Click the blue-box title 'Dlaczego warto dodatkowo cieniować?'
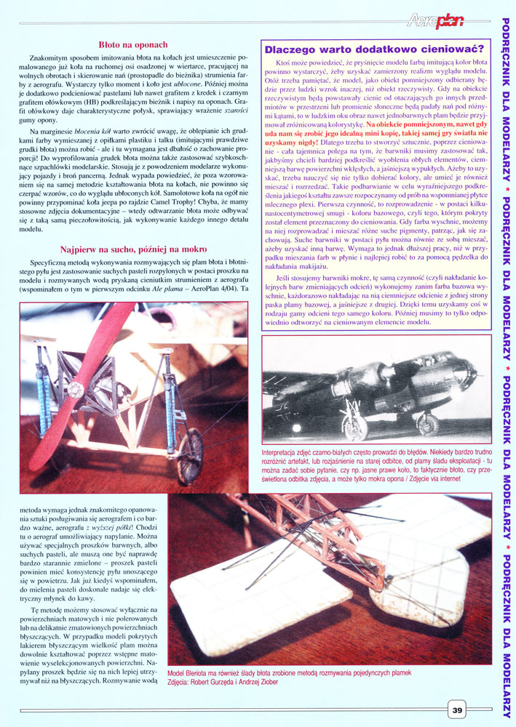click(370, 49)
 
